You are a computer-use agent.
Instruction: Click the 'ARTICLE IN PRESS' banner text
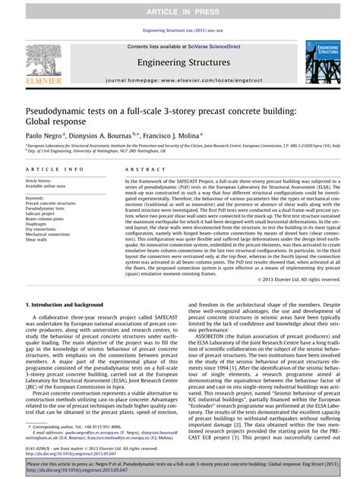(x=180, y=8)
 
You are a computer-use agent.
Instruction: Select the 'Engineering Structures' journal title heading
(x=180, y=60)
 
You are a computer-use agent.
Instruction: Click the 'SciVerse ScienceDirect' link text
(x=206, y=46)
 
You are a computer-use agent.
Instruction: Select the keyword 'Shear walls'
(x=39, y=239)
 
